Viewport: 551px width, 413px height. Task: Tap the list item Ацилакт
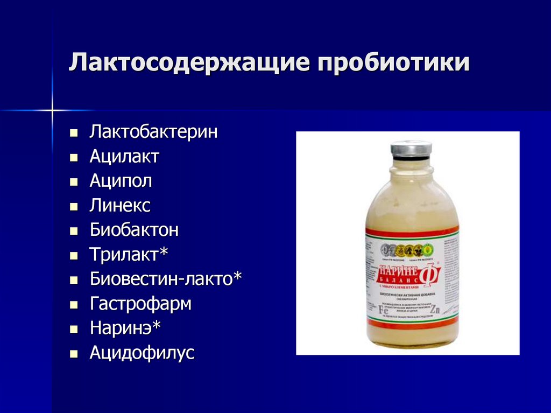point(124,157)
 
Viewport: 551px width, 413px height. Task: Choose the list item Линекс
point(120,206)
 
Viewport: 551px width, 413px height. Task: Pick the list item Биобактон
point(134,230)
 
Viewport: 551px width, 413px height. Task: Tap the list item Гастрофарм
point(140,304)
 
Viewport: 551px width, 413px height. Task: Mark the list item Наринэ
point(125,328)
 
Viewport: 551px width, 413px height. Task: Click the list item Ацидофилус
point(142,353)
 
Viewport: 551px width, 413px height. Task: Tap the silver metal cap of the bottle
point(411,149)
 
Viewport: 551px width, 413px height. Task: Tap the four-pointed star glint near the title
point(52,111)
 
